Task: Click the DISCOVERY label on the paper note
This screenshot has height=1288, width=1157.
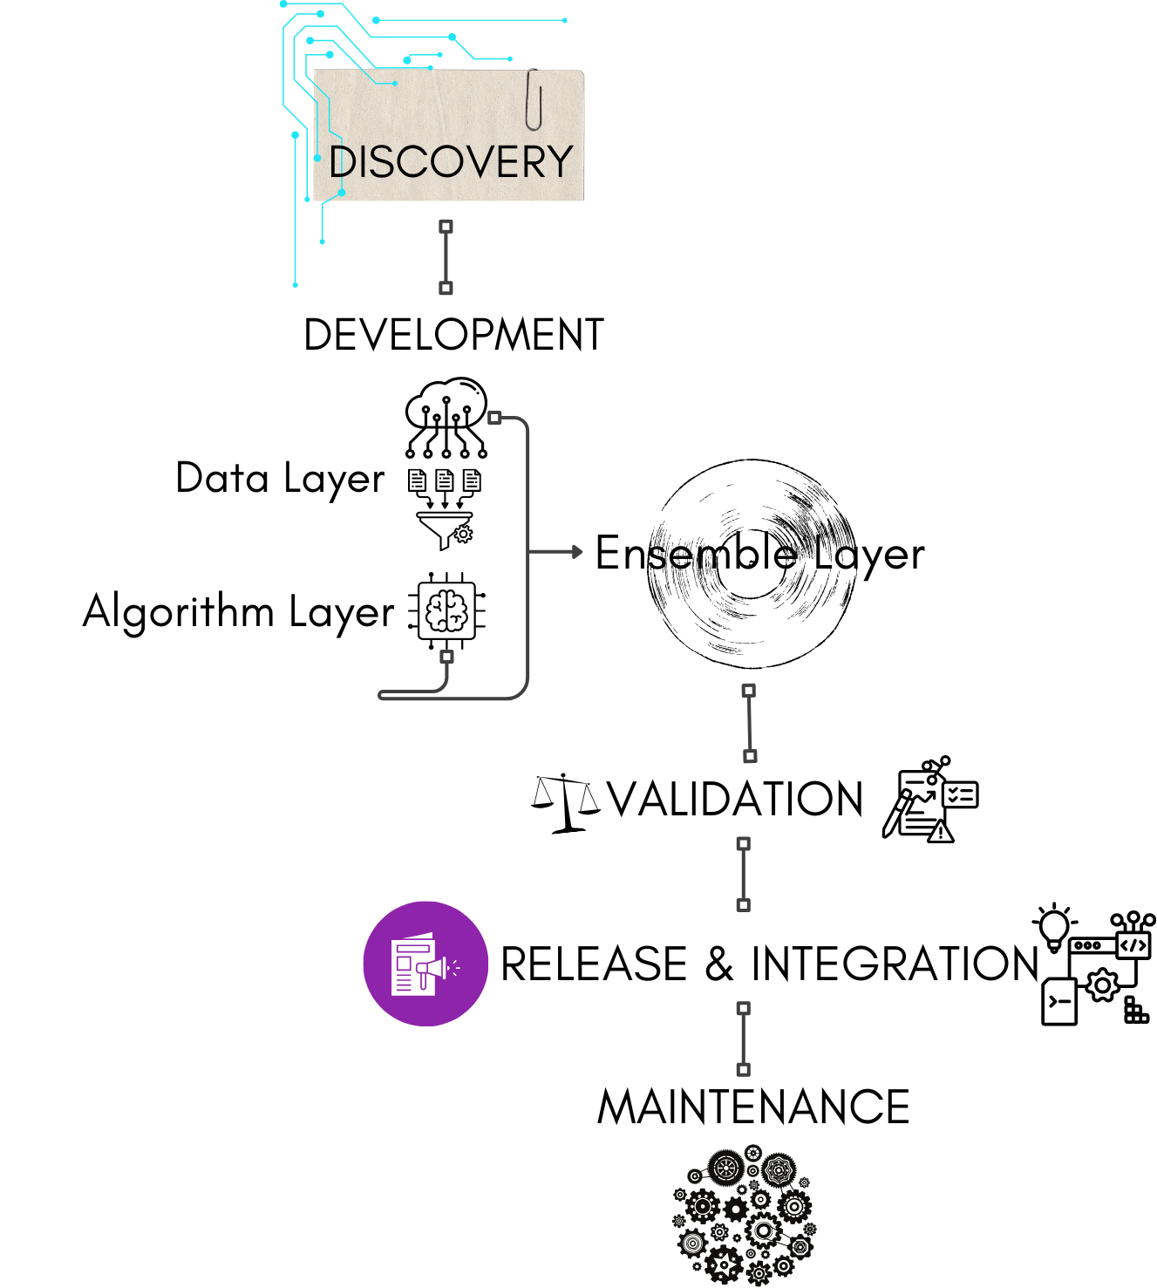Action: click(x=451, y=162)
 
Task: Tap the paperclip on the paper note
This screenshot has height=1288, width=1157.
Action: click(x=534, y=99)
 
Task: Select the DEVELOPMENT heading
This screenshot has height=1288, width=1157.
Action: click(x=453, y=335)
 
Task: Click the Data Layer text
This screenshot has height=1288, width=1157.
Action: click(x=280, y=479)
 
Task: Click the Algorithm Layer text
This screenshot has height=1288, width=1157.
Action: click(x=239, y=611)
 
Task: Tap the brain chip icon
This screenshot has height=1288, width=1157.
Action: click(x=447, y=610)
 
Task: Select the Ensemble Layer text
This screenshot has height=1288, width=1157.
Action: click(x=759, y=554)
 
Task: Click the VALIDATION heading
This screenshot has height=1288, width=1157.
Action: click(x=735, y=799)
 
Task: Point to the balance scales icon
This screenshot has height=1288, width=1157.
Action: click(x=566, y=801)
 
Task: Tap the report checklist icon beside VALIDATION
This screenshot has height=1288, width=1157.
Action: click(x=930, y=801)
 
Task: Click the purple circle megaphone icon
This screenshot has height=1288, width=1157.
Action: click(x=425, y=964)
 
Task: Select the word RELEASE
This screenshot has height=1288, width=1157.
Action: click(x=595, y=964)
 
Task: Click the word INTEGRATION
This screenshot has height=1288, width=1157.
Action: click(x=895, y=964)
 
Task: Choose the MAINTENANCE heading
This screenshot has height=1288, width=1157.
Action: click(x=753, y=1107)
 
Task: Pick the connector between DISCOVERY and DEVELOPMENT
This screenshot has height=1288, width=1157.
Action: click(x=446, y=257)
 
